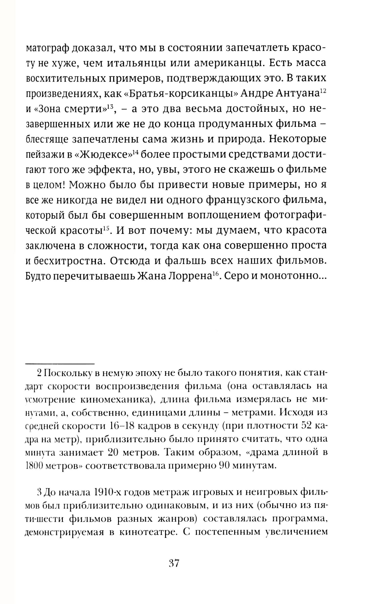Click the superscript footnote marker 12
(x=323, y=91)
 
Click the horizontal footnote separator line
(x=59, y=364)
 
